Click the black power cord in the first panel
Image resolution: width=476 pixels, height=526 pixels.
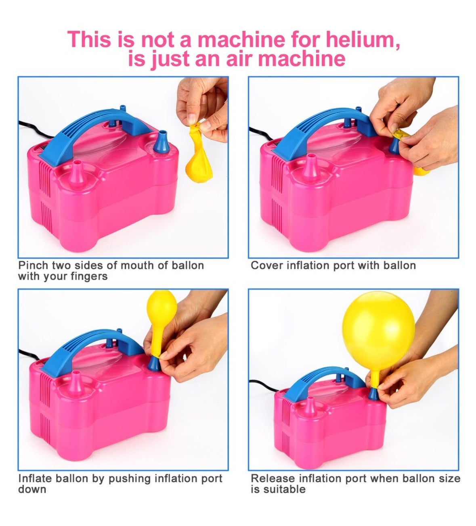tap(30, 129)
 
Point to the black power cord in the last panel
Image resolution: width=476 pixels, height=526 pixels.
tap(262, 390)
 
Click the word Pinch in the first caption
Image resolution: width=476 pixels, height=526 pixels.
tap(33, 265)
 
